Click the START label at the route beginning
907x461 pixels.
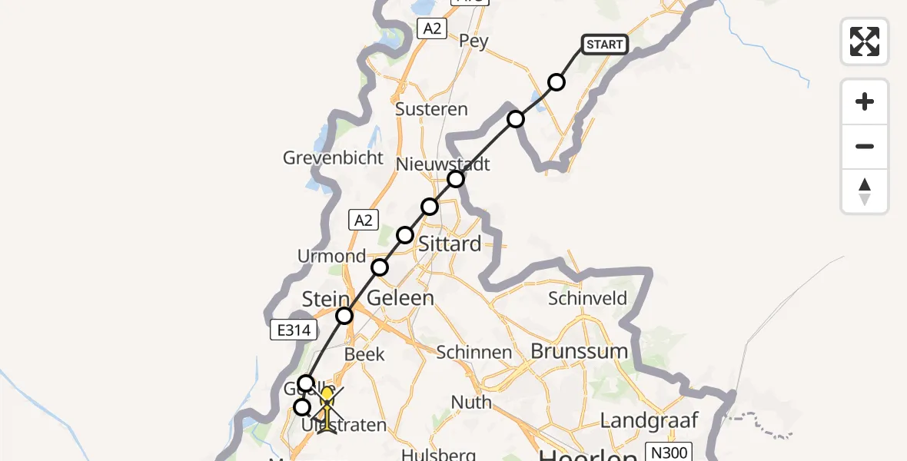point(605,45)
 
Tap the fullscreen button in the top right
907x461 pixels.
point(865,41)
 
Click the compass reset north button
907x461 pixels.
point(865,191)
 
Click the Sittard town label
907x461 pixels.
point(450,244)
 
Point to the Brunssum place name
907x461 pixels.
point(580,351)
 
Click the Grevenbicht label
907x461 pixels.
point(333,158)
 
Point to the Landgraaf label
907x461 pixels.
point(650,420)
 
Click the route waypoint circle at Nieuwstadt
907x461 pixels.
point(456,179)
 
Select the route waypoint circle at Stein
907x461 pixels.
point(344,315)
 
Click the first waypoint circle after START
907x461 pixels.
point(556,82)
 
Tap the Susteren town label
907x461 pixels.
point(431,109)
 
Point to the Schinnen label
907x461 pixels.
point(474,353)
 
